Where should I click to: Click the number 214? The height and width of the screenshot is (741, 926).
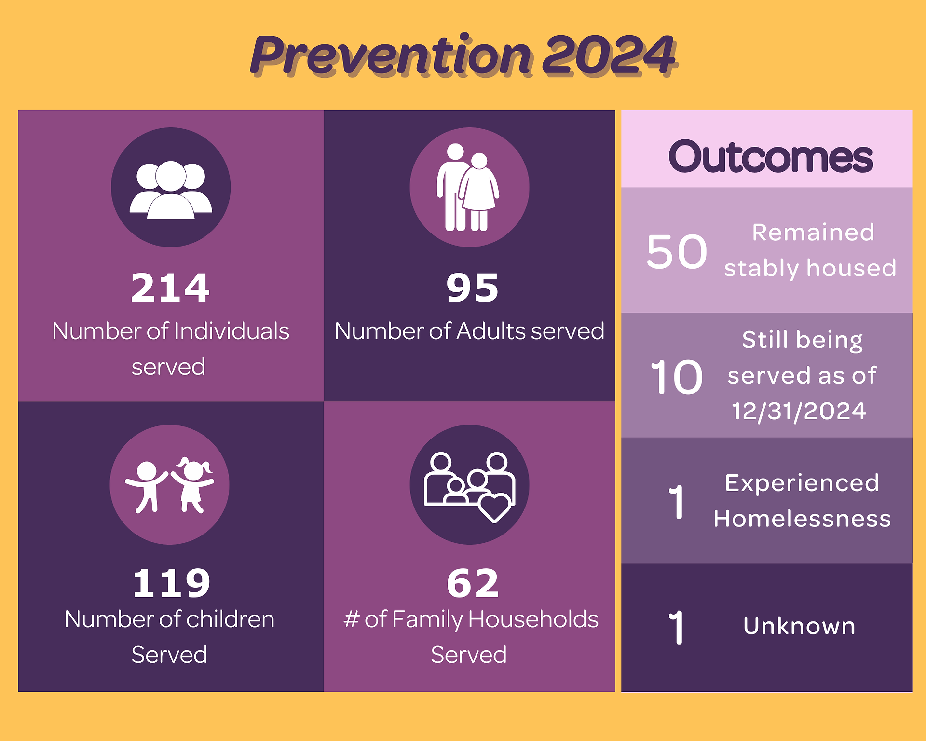coord(170,288)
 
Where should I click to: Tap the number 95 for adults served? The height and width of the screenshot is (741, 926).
coord(472,288)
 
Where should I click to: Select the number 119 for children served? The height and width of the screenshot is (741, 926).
coord(171,583)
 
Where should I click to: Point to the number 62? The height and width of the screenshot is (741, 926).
coord(473,583)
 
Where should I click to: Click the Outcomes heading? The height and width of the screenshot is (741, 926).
coord(770,156)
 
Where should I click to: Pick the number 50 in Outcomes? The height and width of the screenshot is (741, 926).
coord(677,251)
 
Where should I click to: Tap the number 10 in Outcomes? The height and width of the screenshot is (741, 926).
coord(677,377)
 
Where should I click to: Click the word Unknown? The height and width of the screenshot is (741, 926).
coord(799,626)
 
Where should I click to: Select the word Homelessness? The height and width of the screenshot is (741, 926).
coord(802,519)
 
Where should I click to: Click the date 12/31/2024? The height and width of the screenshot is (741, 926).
coord(799,411)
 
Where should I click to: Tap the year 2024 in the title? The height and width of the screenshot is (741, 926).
coord(609,55)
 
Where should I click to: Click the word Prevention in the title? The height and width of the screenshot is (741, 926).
coord(391,55)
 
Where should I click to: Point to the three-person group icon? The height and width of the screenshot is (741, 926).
coord(171,190)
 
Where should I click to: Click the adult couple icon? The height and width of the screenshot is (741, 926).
coord(467,187)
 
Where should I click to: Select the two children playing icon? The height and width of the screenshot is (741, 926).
coord(169,485)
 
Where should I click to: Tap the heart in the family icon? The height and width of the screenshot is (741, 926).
coord(494,508)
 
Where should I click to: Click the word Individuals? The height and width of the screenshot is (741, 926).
coord(231,331)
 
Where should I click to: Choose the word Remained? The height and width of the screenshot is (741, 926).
coord(813,233)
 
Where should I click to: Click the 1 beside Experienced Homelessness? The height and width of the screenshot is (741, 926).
coord(677,502)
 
